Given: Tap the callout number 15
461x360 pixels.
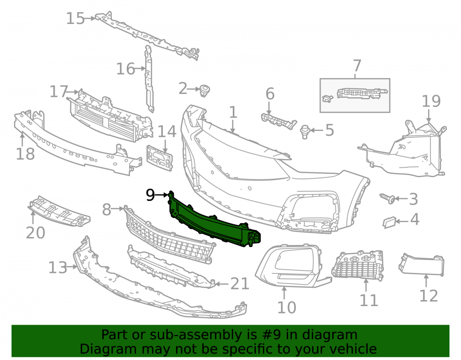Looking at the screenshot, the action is pyautogui.click(x=75, y=18).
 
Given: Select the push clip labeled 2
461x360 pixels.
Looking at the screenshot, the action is pyautogui.click(x=204, y=90).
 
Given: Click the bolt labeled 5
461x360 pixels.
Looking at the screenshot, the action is pyautogui.click(x=305, y=132).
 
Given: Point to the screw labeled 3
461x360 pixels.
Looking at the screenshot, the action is pyautogui.click(x=387, y=198).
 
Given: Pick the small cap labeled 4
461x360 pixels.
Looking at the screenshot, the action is pyautogui.click(x=389, y=222).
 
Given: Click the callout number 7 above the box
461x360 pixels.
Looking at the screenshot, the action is pyautogui.click(x=357, y=65).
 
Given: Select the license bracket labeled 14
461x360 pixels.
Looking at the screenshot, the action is pyautogui.click(x=160, y=158).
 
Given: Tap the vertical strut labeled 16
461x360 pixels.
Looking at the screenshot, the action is pyautogui.click(x=149, y=79).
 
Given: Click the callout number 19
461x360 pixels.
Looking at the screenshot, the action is pyautogui.click(x=431, y=101).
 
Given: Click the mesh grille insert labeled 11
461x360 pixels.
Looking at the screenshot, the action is pyautogui.click(x=358, y=266).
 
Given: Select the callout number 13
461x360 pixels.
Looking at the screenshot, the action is pyautogui.click(x=58, y=268).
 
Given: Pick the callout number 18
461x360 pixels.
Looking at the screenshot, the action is pyautogui.click(x=25, y=153).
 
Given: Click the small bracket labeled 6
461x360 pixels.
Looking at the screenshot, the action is pyautogui.click(x=278, y=121).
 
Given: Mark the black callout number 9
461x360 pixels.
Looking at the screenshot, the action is pyautogui.click(x=150, y=195).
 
